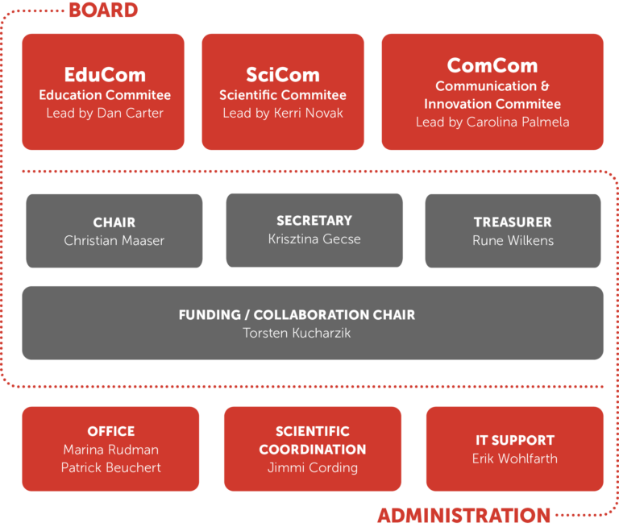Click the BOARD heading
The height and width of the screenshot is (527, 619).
coord(103,10)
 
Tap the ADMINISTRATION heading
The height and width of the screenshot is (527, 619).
coord(464,516)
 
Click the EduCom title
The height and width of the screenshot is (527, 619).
coord(105,75)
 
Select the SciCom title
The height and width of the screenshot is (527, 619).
coord(283,75)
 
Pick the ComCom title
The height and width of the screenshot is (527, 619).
coord(492,65)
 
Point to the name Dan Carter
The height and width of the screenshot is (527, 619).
coord(131,113)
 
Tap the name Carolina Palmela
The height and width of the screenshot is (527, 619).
coord(517,122)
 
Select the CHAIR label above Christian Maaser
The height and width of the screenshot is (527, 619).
coord(114,222)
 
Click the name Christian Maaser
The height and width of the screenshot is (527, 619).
coord(114,240)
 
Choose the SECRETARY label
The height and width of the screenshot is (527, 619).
coord(314,220)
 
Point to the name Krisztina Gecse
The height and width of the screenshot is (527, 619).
coord(314,239)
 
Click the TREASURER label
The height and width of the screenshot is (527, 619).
coord(513,222)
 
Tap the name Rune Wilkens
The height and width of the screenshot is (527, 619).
coord(513,240)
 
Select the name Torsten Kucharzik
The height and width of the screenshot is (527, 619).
coord(297,333)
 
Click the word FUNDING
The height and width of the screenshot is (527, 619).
coord(210,314)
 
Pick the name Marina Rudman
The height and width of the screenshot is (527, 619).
coord(111,449)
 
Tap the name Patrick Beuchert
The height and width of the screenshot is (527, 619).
coord(111,467)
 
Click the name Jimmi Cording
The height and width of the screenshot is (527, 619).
coord(312,467)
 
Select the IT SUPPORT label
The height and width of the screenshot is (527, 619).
coord(515,440)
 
